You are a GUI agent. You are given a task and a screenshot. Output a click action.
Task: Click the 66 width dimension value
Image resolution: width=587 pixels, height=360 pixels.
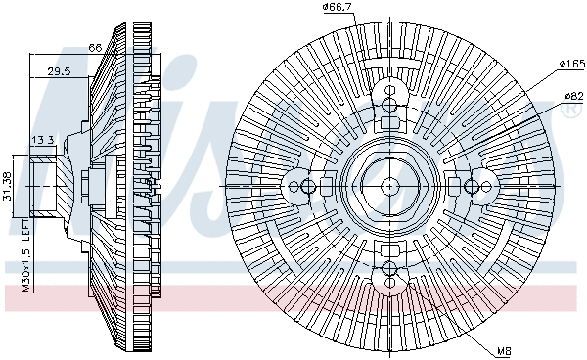[x=96, y=47]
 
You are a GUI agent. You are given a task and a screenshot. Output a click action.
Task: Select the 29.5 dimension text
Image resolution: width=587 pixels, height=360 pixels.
[x=60, y=70]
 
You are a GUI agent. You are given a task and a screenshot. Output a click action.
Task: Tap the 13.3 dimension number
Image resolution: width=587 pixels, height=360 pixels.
[x=42, y=140]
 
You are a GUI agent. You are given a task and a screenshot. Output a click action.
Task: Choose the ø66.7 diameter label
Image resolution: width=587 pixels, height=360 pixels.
[x=337, y=9]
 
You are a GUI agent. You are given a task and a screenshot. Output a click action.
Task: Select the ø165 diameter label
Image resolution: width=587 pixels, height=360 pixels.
[x=571, y=64]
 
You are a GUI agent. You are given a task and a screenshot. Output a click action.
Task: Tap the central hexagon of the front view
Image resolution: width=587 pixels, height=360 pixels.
[x=389, y=186]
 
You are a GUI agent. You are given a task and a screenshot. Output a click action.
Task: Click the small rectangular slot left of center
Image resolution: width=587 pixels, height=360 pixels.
[x=326, y=186]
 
